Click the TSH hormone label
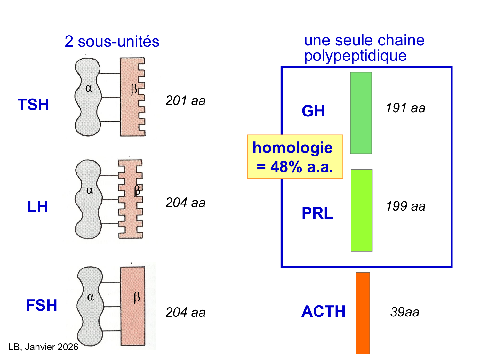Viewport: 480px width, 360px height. [33, 105]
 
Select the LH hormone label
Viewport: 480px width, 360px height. [37, 207]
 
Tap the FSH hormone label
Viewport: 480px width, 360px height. [42, 305]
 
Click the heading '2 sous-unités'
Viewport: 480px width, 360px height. [112, 42]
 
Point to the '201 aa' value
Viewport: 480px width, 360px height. [185, 101]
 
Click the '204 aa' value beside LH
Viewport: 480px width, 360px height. [185, 203]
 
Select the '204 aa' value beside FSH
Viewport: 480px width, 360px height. [185, 312]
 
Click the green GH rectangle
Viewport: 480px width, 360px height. [361, 113]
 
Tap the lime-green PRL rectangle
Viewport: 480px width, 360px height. [361, 210]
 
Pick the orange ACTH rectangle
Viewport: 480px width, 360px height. [363, 313]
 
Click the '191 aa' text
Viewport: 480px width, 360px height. [405, 108]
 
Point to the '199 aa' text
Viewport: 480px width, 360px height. [405, 206]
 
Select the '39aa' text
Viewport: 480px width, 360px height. [404, 312]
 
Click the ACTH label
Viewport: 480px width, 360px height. [324, 311]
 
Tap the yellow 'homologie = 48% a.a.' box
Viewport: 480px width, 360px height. [295, 157]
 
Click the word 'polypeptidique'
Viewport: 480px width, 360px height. [355, 56]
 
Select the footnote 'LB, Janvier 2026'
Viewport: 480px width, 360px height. [43, 347]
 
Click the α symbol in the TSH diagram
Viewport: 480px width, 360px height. [89, 88]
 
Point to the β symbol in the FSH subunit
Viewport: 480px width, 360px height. [137, 297]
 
